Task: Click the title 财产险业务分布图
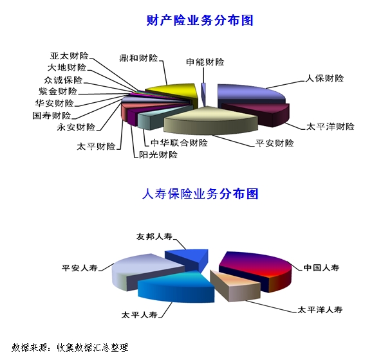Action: pyautogui.click(x=200, y=21)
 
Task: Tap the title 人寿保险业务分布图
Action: pyautogui.click(x=200, y=194)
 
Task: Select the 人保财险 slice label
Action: pyautogui.click(x=324, y=78)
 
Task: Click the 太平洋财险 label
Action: pyautogui.click(x=330, y=126)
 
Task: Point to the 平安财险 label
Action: pyautogui.click(x=274, y=143)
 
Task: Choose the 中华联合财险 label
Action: pyautogui.click(x=179, y=143)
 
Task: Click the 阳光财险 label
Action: pyautogui.click(x=158, y=155)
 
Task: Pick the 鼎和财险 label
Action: pyautogui.click(x=139, y=58)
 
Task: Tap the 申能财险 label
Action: pyautogui.click(x=205, y=62)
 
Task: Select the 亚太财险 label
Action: pyautogui.click(x=70, y=56)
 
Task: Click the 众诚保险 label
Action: pyautogui.click(x=63, y=80)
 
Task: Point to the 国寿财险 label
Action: pyautogui.click(x=51, y=116)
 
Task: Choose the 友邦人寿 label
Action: pyautogui.click(x=154, y=237)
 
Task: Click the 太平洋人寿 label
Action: pyautogui.click(x=320, y=310)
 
